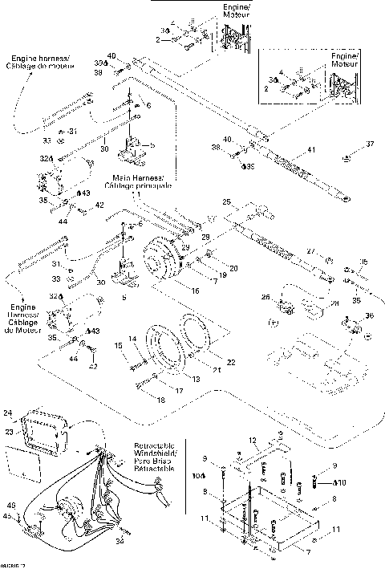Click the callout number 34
coord(119,541)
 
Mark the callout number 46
coord(11,504)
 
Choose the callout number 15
coord(118,345)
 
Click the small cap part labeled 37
coord(346,156)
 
